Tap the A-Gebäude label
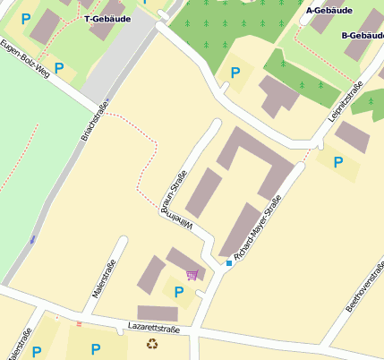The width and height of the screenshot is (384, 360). tap(329, 11)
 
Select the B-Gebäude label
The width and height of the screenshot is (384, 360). tap(362, 36)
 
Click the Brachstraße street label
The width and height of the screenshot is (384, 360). tap(94, 124)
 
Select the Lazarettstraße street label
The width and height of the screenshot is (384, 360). tap(153, 329)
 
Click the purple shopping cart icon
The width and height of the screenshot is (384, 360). tap(192, 274)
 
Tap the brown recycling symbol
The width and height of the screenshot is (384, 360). tap(151, 344)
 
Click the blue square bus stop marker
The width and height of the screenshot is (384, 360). tap(228, 263)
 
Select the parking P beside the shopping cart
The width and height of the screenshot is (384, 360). tap(179, 292)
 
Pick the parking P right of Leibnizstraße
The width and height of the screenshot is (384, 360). tap(337, 162)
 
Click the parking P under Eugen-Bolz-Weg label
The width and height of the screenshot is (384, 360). tap(59, 68)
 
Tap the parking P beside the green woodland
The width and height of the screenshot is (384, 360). tap(235, 73)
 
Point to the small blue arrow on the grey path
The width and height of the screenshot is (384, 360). tap(33, 239)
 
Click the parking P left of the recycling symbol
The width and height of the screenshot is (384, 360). tap(95, 349)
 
